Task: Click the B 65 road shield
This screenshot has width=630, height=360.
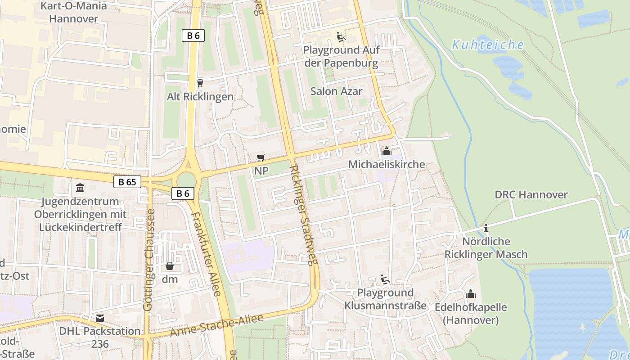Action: (127, 182)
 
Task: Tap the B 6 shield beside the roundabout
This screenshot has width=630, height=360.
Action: (183, 193)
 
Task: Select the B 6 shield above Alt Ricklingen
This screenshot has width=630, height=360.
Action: (193, 36)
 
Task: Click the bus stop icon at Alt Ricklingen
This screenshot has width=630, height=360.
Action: (200, 83)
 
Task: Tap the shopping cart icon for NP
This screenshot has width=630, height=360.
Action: (261, 157)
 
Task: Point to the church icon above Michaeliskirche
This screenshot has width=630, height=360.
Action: (386, 151)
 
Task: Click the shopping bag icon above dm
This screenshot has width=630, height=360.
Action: (170, 266)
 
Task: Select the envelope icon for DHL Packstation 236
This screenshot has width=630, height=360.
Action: (100, 318)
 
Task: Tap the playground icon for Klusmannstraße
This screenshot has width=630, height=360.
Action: (385, 280)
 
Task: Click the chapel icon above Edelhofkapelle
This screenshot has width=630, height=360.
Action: (471, 294)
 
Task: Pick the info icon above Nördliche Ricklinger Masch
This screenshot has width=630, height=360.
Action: (486, 229)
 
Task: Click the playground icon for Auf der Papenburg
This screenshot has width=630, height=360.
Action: (341, 36)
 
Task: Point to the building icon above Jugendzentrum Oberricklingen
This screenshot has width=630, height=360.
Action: (80, 188)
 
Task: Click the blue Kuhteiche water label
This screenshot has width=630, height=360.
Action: (488, 45)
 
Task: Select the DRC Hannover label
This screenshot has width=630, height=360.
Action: (531, 195)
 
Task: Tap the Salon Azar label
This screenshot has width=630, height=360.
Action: (336, 91)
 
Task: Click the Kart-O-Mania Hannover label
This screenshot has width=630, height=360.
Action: (74, 12)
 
